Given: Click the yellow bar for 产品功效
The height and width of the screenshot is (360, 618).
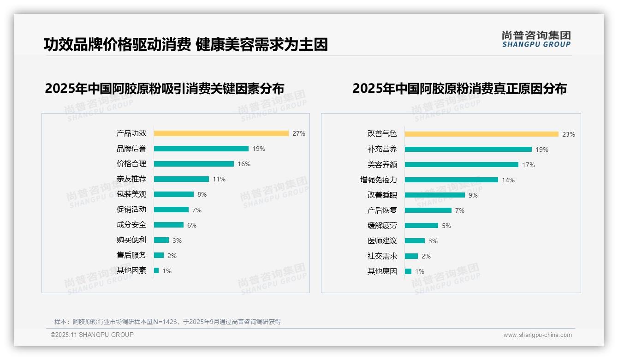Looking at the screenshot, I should [x=221, y=133].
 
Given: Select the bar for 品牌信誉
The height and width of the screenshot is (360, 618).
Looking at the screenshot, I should [x=201, y=149].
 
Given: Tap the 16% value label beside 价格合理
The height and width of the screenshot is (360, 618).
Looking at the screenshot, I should [x=244, y=164].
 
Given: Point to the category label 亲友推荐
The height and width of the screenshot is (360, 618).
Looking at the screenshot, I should [x=131, y=179].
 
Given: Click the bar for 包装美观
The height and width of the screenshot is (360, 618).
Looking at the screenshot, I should [x=174, y=194].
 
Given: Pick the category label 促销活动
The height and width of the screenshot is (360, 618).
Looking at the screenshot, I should [x=131, y=210].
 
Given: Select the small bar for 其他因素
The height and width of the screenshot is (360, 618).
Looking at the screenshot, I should [x=156, y=270].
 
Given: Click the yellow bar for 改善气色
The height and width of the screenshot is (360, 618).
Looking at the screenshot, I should [x=481, y=134].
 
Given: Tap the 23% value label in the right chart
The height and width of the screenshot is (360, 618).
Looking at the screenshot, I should [x=568, y=134].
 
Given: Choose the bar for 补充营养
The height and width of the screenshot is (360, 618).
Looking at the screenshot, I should [x=468, y=150].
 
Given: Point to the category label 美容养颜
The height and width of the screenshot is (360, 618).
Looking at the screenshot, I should [x=382, y=165].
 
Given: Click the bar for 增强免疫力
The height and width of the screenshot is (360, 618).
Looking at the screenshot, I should [x=452, y=180].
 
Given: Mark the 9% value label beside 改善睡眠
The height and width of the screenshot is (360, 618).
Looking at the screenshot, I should [x=473, y=195].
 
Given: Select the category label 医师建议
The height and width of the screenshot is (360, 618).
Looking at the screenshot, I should [x=382, y=241].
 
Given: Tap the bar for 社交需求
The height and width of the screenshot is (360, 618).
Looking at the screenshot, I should [x=411, y=256].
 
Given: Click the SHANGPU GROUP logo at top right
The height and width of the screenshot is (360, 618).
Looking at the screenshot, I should [x=536, y=39].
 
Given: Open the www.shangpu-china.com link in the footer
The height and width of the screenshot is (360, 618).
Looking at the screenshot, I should [x=537, y=335].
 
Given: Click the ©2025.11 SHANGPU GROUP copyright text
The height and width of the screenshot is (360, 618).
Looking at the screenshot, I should [x=92, y=335].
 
